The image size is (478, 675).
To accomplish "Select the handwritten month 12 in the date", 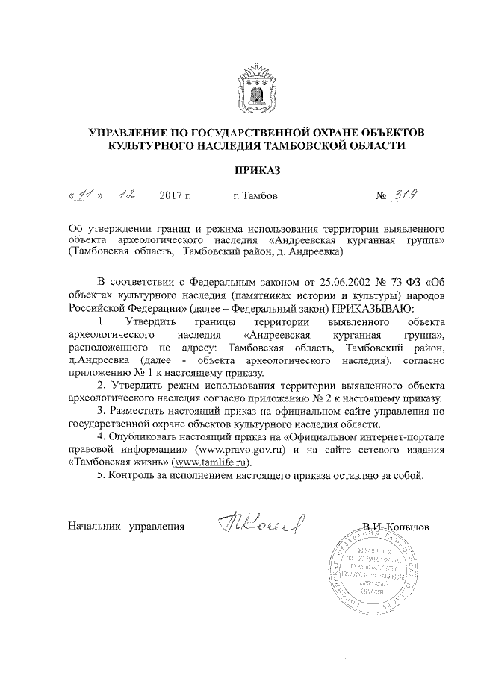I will point(131,196).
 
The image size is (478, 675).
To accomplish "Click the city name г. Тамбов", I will point(255,198).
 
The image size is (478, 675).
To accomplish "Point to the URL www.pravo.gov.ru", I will point(242,450).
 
